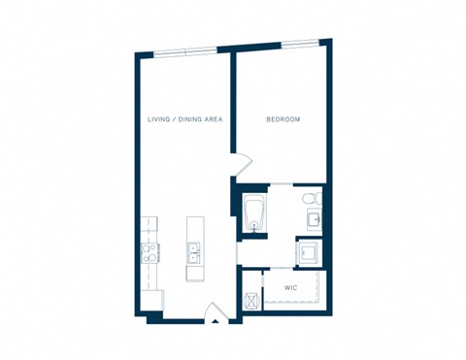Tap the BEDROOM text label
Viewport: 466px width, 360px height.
(283, 119)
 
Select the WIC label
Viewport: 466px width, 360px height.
(290, 288)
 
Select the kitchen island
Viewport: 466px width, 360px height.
(195, 248)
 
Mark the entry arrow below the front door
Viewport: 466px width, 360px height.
(216, 317)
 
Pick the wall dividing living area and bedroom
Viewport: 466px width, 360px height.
(232, 107)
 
